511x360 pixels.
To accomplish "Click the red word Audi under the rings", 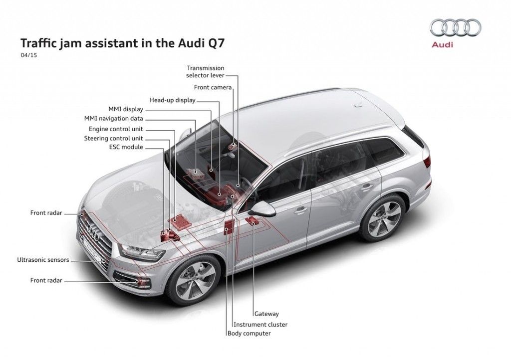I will tap(442, 45).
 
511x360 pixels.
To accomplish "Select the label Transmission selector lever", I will tap(206, 71).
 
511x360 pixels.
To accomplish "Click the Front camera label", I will tap(213, 87).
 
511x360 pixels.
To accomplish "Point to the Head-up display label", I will tap(173, 100).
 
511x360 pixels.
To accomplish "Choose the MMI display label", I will tap(126, 109).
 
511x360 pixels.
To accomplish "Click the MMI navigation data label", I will tap(114, 119).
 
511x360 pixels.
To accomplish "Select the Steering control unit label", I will tap(113, 138).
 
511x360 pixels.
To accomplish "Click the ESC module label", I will tap(126, 147).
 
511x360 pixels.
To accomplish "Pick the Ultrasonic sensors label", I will tap(43, 260).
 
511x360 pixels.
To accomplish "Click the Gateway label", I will tap(266, 314).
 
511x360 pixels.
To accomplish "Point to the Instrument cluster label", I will tap(263, 324).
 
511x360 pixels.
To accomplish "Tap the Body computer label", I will tap(249, 334).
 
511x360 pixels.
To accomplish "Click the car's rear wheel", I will tap(383, 218).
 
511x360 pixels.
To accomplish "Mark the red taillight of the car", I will tap(427, 161).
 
